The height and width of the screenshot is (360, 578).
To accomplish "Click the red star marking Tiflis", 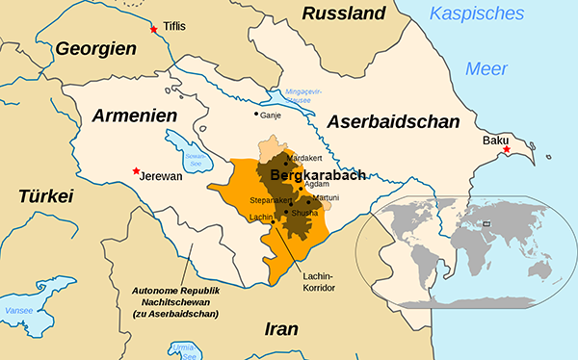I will click(x=153, y=31).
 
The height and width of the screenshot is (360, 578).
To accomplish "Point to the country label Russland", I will click(x=344, y=13).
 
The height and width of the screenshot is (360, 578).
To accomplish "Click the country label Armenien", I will click(x=136, y=116).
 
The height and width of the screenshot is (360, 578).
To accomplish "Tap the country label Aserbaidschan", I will click(x=393, y=122).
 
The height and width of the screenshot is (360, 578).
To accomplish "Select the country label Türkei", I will click(x=45, y=196).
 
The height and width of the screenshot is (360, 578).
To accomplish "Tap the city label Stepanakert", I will click(x=270, y=201).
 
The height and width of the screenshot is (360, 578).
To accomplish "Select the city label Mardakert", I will click(x=307, y=156).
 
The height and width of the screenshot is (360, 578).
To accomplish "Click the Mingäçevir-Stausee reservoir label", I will click(x=308, y=95).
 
